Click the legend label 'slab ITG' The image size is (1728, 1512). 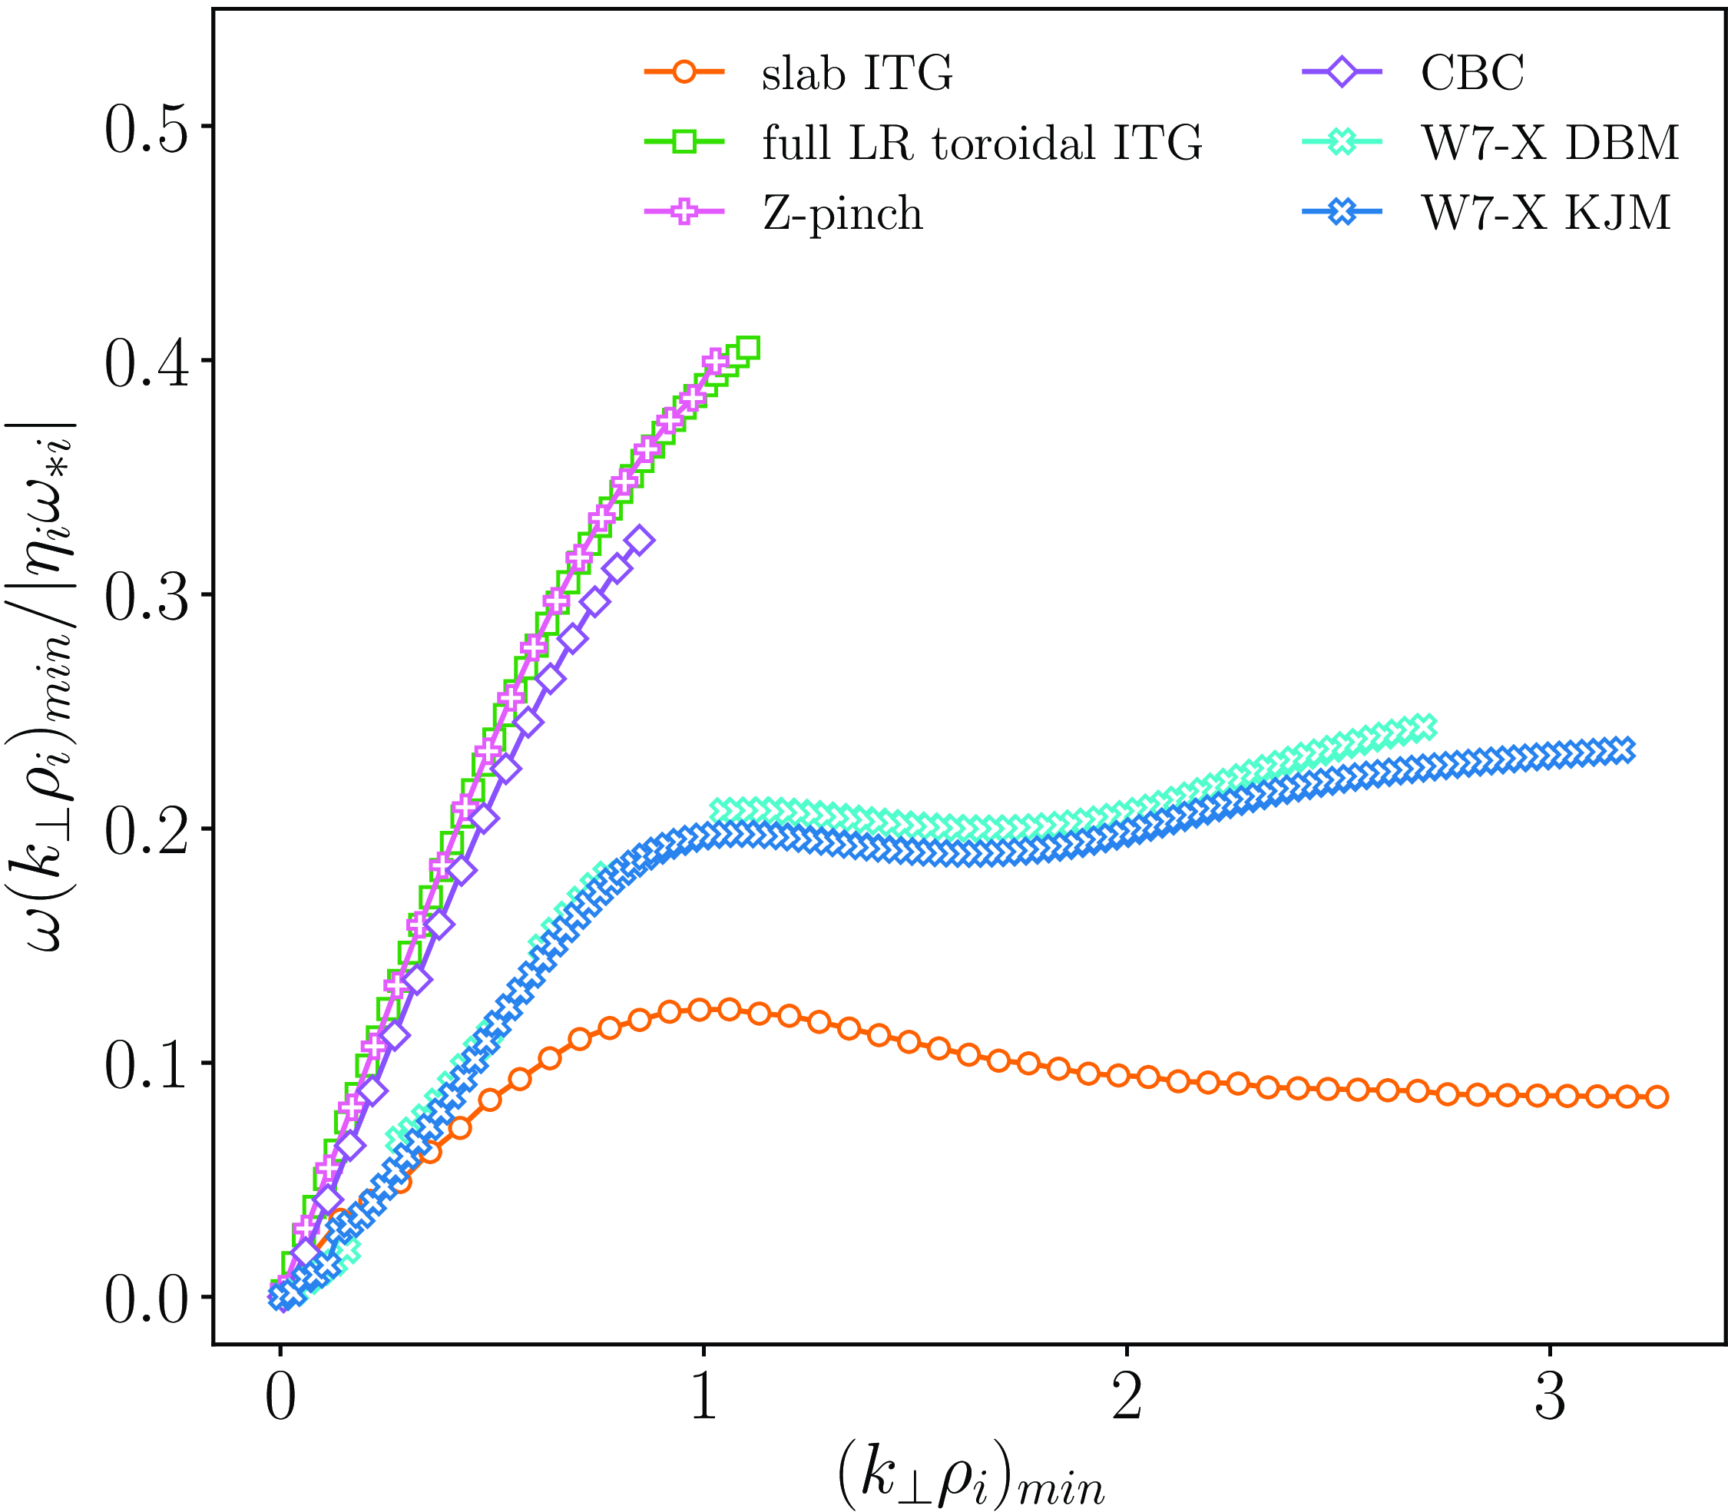(857, 74)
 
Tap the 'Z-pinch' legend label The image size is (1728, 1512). (842, 213)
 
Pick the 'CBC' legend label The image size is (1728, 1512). (1472, 74)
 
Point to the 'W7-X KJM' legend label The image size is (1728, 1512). (1546, 213)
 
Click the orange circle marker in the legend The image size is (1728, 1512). (684, 72)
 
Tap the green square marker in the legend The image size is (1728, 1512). (684, 142)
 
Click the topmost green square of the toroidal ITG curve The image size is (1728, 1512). (747, 348)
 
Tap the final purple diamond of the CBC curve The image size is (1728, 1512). (641, 540)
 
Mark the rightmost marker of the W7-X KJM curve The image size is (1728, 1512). (1623, 749)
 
